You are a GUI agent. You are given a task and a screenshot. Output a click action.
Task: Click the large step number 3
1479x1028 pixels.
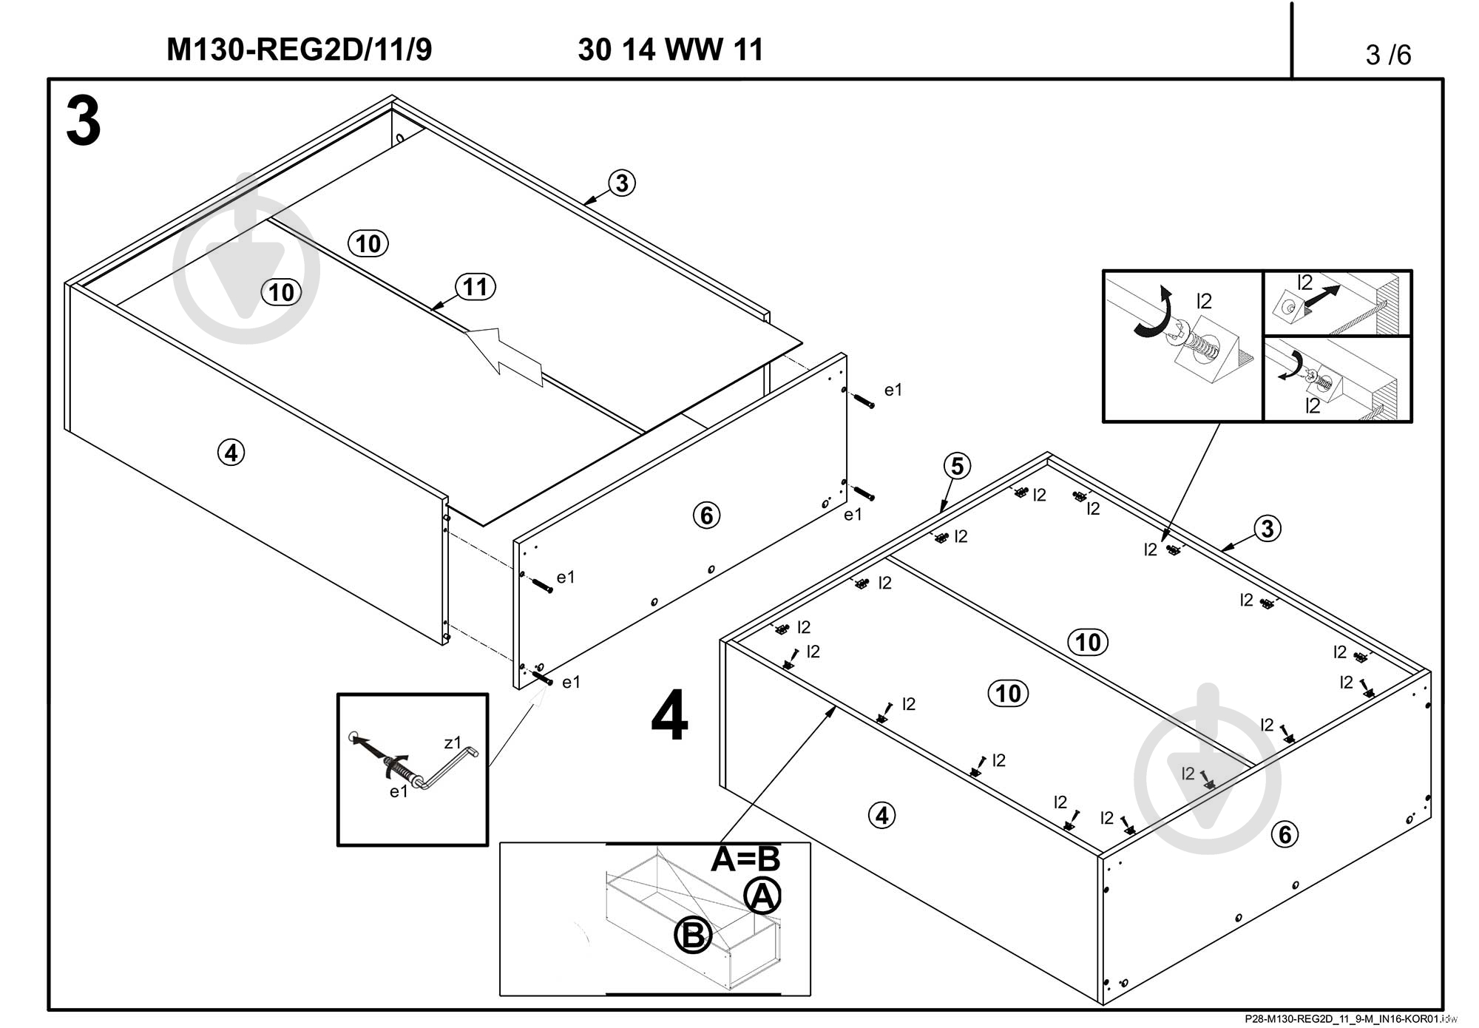(x=84, y=123)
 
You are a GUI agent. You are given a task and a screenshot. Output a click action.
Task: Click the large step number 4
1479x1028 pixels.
(x=669, y=716)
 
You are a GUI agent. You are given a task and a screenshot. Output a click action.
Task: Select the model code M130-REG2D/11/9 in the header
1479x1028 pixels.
(x=299, y=50)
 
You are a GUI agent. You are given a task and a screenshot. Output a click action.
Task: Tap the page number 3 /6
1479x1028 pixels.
(x=1388, y=55)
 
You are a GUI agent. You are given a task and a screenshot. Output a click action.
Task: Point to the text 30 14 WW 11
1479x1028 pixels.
(x=670, y=50)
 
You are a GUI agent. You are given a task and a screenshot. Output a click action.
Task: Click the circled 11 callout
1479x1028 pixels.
(x=475, y=287)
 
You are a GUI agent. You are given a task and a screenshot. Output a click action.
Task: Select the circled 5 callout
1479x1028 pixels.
(x=957, y=467)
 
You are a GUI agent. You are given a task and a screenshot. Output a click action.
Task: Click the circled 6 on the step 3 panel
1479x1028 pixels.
(x=706, y=515)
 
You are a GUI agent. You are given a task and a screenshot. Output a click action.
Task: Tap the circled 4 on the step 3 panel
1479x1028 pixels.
(x=231, y=452)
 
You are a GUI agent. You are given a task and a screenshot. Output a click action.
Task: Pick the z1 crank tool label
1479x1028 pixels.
(x=452, y=742)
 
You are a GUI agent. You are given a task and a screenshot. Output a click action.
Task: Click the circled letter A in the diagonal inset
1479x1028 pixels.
(x=762, y=897)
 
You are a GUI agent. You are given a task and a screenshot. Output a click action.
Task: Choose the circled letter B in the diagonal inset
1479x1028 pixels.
(x=693, y=935)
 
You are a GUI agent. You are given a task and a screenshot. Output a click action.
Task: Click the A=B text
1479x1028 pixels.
(x=745, y=859)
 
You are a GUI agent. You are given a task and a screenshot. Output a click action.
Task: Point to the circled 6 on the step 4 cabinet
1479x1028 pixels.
(x=1285, y=834)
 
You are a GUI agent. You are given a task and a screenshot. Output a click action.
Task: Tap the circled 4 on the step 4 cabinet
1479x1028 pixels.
(x=881, y=816)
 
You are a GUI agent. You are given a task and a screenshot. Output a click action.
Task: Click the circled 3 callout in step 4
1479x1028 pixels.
(x=1268, y=528)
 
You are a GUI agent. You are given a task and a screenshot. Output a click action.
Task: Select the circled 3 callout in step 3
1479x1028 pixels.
(x=622, y=183)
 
